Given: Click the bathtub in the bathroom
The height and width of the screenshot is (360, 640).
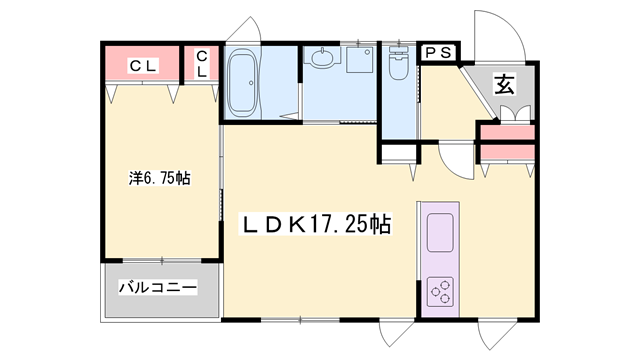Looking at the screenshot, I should point(243,84).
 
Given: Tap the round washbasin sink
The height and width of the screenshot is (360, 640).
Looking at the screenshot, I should point(322,60).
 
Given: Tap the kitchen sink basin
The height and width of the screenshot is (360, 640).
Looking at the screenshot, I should point(441,234).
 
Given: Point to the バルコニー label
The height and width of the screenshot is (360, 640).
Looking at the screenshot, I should point(158,288).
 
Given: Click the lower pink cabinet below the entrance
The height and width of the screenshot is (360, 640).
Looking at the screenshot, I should point(507,152).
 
